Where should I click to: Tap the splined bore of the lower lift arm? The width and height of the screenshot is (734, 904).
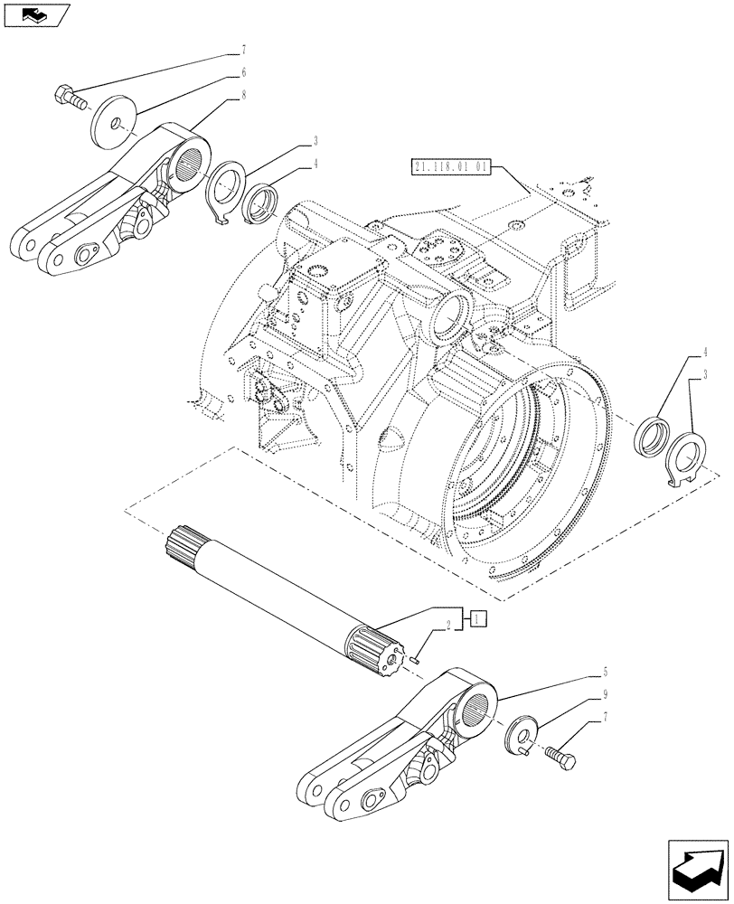(x=479, y=702)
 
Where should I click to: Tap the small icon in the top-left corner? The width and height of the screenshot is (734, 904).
(x=34, y=14)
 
